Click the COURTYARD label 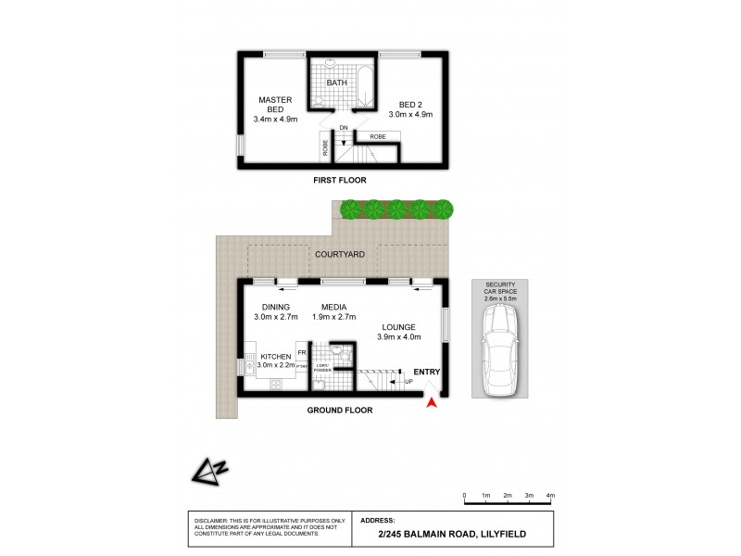pyautogui.click(x=338, y=253)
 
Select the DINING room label pyautogui.click(x=276, y=307)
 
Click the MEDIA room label pyautogui.click(x=334, y=307)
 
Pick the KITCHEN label pyautogui.click(x=276, y=356)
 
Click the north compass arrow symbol pyautogui.click(x=212, y=473)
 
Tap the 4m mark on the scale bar pyautogui.click(x=550, y=497)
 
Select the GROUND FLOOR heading pyautogui.click(x=341, y=409)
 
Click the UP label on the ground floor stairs pyautogui.click(x=408, y=381)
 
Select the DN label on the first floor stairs pyautogui.click(x=343, y=127)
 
